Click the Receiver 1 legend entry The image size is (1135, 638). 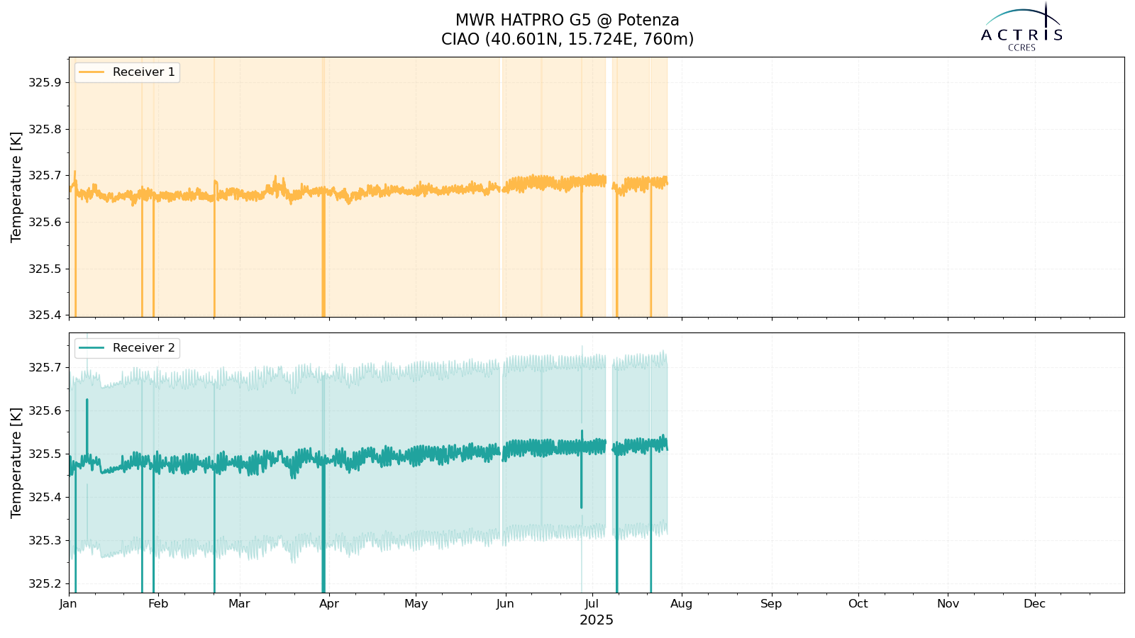[127, 72]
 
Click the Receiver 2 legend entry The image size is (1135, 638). [127, 348]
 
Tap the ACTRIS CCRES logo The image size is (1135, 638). [1021, 28]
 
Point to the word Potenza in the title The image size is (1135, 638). [648, 21]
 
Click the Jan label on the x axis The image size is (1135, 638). [68, 604]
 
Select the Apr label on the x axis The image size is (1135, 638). [329, 604]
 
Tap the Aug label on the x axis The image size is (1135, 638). [682, 604]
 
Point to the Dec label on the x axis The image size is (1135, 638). [1035, 604]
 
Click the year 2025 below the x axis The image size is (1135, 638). [597, 620]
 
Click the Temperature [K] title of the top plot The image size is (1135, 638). [16, 187]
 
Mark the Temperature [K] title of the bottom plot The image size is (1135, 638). [16, 463]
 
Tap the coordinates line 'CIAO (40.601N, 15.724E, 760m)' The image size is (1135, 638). [567, 39]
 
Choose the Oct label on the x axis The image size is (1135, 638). [858, 604]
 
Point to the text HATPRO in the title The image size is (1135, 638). [531, 21]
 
